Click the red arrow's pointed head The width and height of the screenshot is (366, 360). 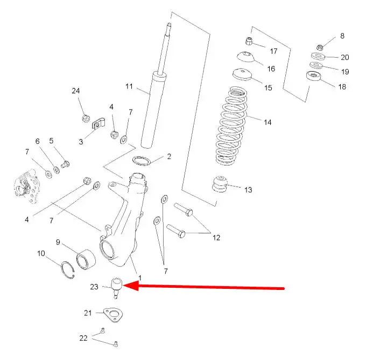click(123, 286)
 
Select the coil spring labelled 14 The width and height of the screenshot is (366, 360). click(231, 126)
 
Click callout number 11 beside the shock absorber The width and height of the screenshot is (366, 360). click(129, 86)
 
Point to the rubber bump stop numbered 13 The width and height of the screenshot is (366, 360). click(220, 184)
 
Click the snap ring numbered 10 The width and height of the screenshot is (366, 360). click(68, 270)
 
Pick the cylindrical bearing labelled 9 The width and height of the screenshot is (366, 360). click(86, 259)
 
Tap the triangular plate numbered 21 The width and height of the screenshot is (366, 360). click(113, 315)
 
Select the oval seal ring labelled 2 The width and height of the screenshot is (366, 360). click(141, 161)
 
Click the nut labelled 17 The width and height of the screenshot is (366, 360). click(249, 41)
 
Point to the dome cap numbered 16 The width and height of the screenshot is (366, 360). click(245, 57)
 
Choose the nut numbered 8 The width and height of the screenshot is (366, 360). click(319, 47)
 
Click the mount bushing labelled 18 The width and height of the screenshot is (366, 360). click(313, 76)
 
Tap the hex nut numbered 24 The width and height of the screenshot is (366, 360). click(86, 118)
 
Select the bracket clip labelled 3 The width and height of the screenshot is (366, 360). click(98, 124)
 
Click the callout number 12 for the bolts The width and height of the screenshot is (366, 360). click(216, 238)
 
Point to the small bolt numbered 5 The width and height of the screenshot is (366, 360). click(65, 164)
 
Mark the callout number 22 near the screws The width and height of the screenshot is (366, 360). click(83, 338)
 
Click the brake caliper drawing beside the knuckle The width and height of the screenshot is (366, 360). click(26, 186)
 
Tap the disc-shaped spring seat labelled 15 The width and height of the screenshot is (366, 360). click(243, 74)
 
